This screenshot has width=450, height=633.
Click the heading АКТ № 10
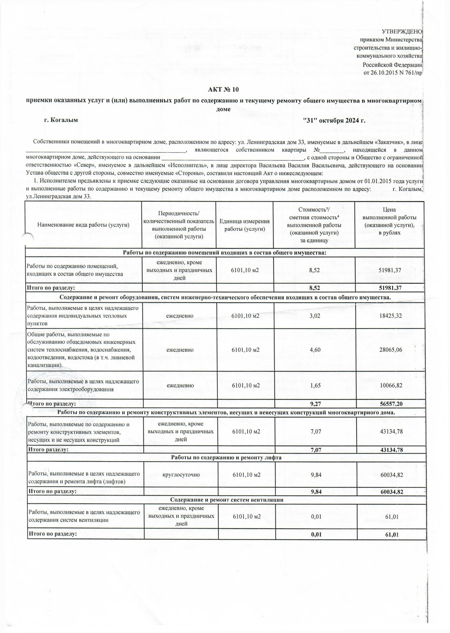[223, 90]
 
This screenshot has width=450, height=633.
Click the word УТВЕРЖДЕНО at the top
[402, 32]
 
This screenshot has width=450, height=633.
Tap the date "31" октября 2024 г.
[334, 120]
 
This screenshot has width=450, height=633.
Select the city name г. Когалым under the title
[61, 120]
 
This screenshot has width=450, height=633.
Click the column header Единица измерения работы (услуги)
[245, 225]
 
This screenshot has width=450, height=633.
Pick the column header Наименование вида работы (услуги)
[83, 225]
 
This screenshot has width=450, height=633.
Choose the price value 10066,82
[391, 385]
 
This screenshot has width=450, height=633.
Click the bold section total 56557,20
[391, 404]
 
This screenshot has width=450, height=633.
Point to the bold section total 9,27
[315, 404]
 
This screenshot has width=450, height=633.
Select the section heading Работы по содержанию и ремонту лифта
[226, 458]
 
